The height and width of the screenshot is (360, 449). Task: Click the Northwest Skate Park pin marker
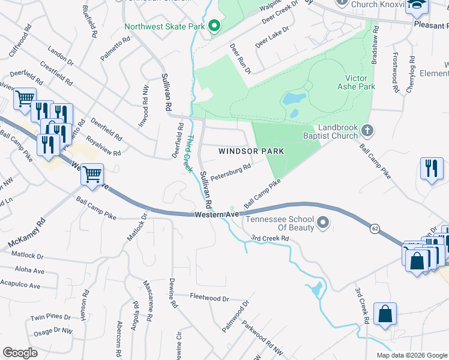point(214,26)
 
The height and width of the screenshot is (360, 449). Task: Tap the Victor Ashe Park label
point(360,82)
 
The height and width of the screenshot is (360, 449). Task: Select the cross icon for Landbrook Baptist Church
point(370,130)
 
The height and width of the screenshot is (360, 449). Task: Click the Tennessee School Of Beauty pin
point(323,224)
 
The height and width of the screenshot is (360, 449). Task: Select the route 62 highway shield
point(375,228)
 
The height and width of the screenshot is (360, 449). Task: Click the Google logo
point(20,353)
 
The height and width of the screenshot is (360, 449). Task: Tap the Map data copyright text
point(411,355)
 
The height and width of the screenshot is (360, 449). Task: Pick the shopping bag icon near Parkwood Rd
point(385,314)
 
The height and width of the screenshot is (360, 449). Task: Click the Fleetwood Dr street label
point(209,298)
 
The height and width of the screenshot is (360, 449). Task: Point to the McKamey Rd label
point(26,233)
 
